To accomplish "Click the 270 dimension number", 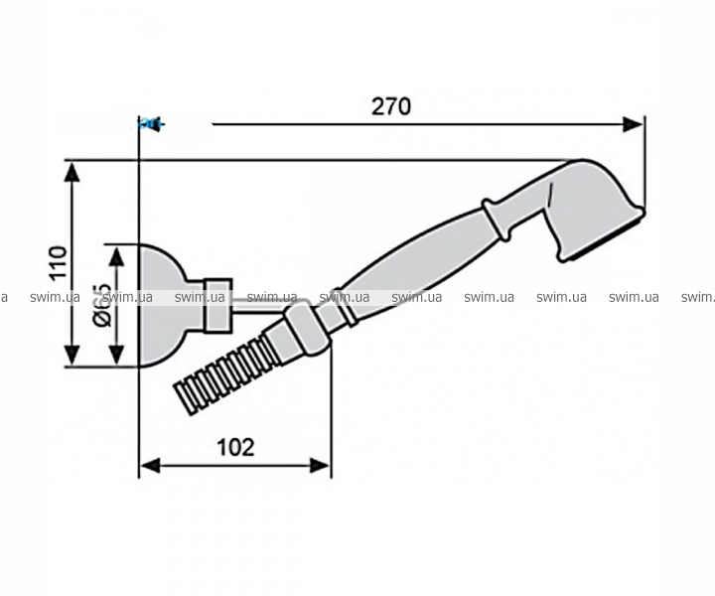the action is tap(391, 106).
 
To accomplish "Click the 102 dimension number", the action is tap(235, 447).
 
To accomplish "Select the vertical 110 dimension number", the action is tap(59, 263).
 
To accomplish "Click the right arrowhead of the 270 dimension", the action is tap(633, 124).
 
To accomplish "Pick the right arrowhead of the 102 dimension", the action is tap(319, 466).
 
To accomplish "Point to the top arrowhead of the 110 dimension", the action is tap(72, 172).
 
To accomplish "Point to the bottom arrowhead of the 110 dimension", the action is tap(72, 356).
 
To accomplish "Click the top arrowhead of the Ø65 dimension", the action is tap(117, 256).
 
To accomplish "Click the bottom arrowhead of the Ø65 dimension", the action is tap(117, 356).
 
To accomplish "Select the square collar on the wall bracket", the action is tap(217, 305).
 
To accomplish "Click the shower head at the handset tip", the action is tap(592, 209).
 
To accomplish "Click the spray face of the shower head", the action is tap(603, 235).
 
